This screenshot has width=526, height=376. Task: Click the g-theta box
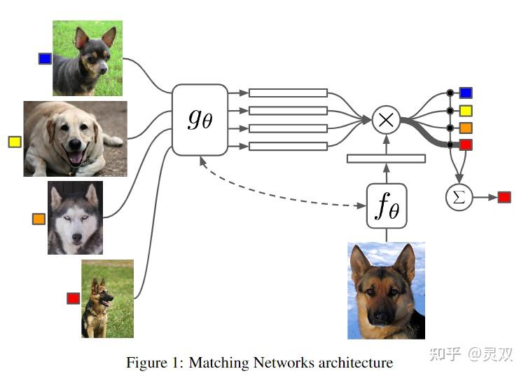(x=200, y=119)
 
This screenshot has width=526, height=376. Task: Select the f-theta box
(x=387, y=206)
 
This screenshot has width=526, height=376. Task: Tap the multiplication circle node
(x=385, y=119)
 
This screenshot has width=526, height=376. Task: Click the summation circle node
(x=459, y=197)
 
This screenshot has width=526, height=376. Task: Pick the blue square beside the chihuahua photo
(x=45, y=59)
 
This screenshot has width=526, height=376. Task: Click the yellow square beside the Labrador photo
(x=15, y=142)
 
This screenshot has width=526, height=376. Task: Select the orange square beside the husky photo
(x=39, y=219)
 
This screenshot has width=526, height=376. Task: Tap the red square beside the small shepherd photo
(x=73, y=298)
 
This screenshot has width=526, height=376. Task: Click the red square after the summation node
(x=504, y=197)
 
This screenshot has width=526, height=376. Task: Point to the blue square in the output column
(x=466, y=93)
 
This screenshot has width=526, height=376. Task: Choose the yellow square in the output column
(x=466, y=110)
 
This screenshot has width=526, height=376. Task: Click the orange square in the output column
(x=466, y=128)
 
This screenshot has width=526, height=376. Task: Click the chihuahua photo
(x=88, y=58)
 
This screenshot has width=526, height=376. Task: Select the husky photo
(x=75, y=217)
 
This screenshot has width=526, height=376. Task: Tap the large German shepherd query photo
(x=386, y=290)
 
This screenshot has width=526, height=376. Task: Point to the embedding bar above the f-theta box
(x=386, y=159)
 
